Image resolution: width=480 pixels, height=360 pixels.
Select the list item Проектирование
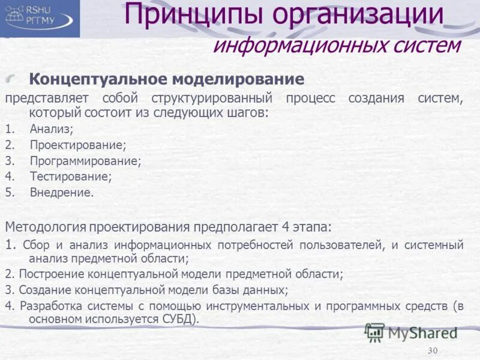77,145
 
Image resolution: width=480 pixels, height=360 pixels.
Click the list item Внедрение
61,193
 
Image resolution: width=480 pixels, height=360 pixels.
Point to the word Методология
46,227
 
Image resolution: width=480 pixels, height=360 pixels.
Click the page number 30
434,350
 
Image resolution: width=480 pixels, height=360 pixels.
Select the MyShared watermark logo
412,332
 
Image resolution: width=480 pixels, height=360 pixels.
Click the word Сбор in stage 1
37,245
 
